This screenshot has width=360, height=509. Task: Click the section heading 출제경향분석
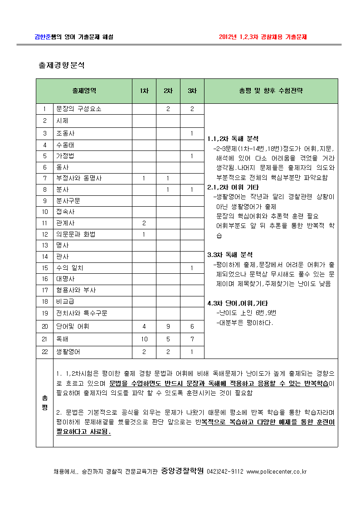[62, 65]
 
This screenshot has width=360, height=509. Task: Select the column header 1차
[144, 91]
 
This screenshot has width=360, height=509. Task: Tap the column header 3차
[192, 91]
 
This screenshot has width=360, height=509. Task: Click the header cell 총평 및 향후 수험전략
[271, 91]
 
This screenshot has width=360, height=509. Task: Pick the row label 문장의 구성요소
[78, 109]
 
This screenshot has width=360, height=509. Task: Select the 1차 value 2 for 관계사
[144, 223]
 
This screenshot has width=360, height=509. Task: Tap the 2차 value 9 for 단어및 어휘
[168, 326]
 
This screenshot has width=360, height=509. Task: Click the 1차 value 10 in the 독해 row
[144, 339]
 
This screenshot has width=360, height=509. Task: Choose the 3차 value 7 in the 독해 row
[192, 339]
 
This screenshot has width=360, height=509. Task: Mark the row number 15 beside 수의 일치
[45, 268]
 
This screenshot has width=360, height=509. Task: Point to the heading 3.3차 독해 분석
[230, 255]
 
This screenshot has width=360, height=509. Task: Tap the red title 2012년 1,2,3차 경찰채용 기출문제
[263, 37]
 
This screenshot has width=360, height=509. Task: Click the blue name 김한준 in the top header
[43, 37]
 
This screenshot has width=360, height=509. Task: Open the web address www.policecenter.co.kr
[277, 471]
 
